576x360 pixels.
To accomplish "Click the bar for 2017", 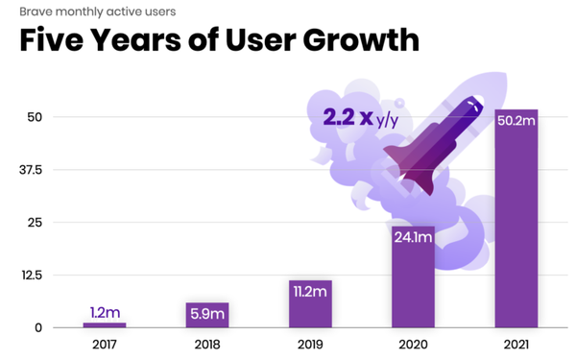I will pos(104,325).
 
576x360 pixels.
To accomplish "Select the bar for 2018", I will pos(207,316).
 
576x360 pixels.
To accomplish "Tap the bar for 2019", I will pos(310,304).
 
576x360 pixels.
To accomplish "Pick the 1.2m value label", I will pos(104,312).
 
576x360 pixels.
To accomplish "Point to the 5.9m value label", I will pos(207,312).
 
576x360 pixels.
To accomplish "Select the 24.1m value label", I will pos(413,239).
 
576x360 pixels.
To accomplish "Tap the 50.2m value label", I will pos(516,122).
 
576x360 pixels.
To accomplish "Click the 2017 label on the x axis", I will pos(104,343).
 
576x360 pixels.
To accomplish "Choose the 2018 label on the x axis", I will pos(207,343).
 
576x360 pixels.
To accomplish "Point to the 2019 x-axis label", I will pos(310,343).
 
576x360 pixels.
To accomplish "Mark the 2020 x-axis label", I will pos(413,343).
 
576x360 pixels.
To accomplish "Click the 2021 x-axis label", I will pos(516,343).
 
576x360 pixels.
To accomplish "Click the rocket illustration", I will pos(437,144).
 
